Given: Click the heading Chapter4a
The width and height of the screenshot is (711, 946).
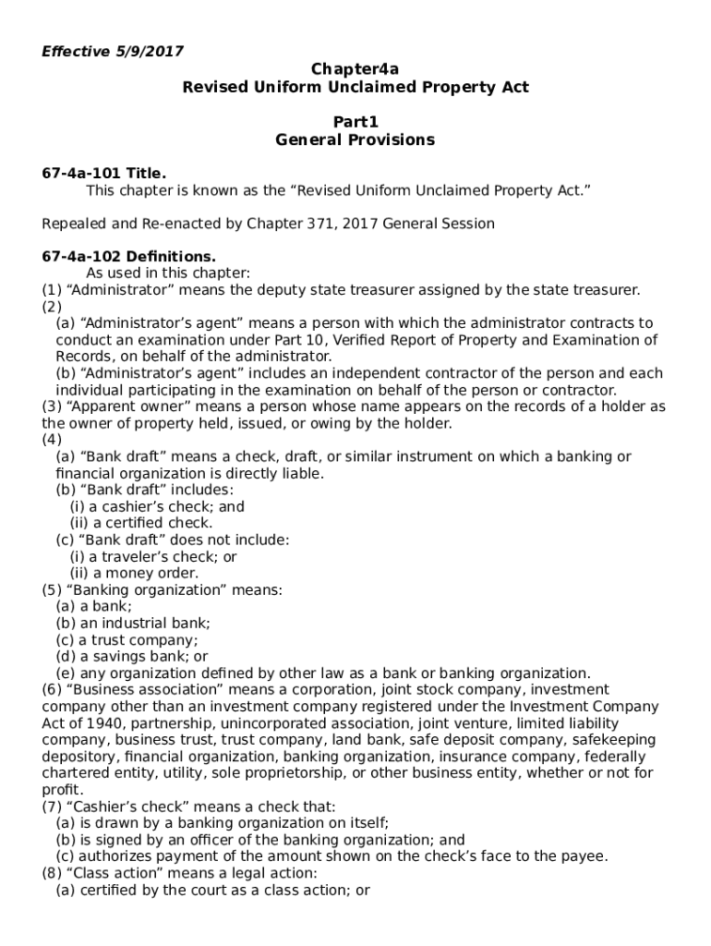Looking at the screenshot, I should tap(355, 68).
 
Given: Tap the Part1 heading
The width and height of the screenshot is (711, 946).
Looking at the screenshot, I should tap(355, 122).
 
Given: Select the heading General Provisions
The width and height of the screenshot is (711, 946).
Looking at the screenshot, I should tap(355, 140).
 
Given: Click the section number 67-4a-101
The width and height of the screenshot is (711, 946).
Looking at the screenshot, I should tap(82, 173).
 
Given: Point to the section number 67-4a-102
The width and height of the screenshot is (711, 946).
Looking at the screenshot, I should tap(82, 256).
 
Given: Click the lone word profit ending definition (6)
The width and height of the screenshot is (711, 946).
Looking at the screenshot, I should tap(61, 790).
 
